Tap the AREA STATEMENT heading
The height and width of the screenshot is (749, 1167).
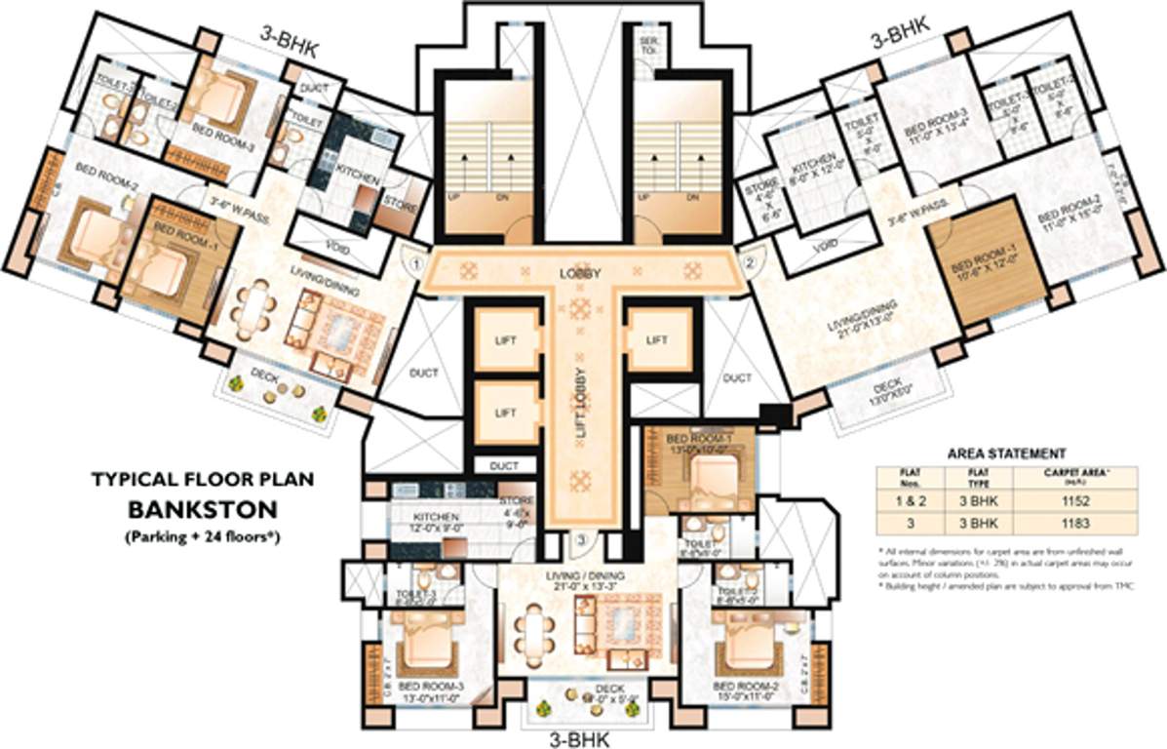1006,453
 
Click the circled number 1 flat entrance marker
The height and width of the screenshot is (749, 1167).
415,262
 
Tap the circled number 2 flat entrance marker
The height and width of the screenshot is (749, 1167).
751,262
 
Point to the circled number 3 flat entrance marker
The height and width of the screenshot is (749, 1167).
581,540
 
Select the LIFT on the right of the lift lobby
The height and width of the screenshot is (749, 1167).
656,339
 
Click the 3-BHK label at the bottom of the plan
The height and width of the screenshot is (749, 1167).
581,738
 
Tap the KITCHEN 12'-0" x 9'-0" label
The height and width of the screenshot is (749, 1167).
430,521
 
